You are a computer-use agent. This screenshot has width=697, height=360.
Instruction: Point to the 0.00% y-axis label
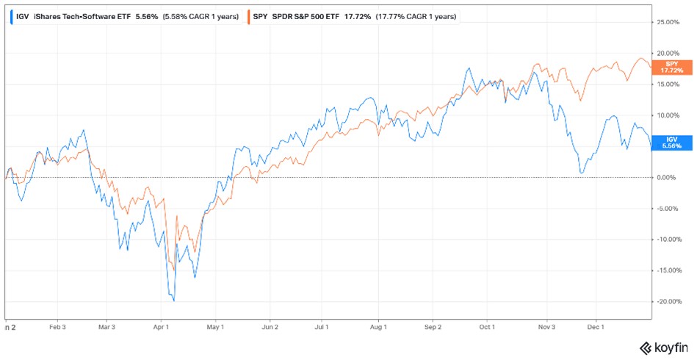click(667, 177)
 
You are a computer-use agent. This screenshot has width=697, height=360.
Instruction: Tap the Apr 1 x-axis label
click(162, 327)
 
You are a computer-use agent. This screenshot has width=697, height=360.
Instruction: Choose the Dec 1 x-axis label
click(596, 327)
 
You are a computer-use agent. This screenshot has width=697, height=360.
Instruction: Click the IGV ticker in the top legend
click(22, 15)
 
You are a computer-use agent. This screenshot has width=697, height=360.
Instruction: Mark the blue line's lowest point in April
click(173, 300)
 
